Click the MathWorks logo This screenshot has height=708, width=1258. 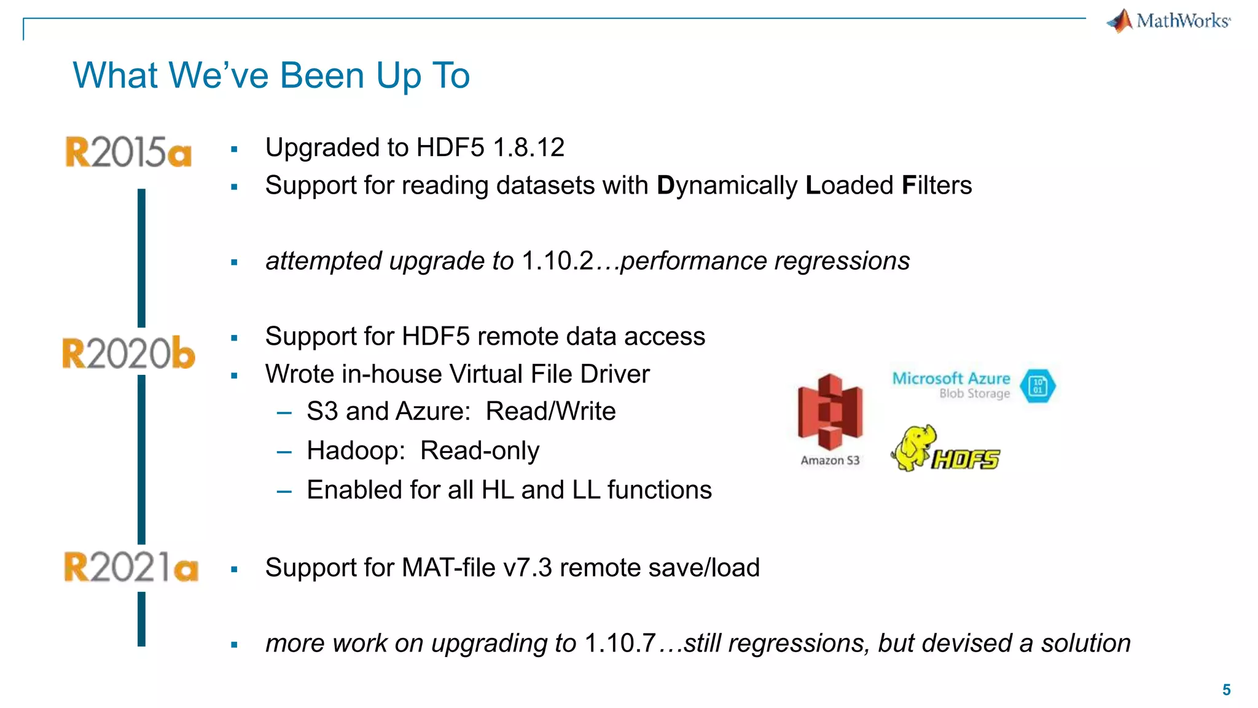coord(1168,21)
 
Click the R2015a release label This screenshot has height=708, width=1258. coord(128,152)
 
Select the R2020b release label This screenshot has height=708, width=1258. coord(128,353)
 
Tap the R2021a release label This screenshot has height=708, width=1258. coord(131,567)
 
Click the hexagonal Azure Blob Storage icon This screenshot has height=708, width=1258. coord(1037,386)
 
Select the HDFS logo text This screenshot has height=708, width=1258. coord(966,459)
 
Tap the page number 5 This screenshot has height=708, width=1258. coord(1226,690)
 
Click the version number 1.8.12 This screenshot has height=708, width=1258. coord(528,147)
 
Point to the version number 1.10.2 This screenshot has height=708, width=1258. coord(558,261)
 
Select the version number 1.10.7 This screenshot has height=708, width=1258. coord(620,643)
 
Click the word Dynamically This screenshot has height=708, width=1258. coord(727,186)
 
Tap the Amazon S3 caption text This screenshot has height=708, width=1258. coord(830,460)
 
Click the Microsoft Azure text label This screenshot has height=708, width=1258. coord(951,378)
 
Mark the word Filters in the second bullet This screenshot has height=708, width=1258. coord(937,186)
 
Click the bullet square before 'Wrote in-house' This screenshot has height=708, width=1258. coord(234,376)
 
